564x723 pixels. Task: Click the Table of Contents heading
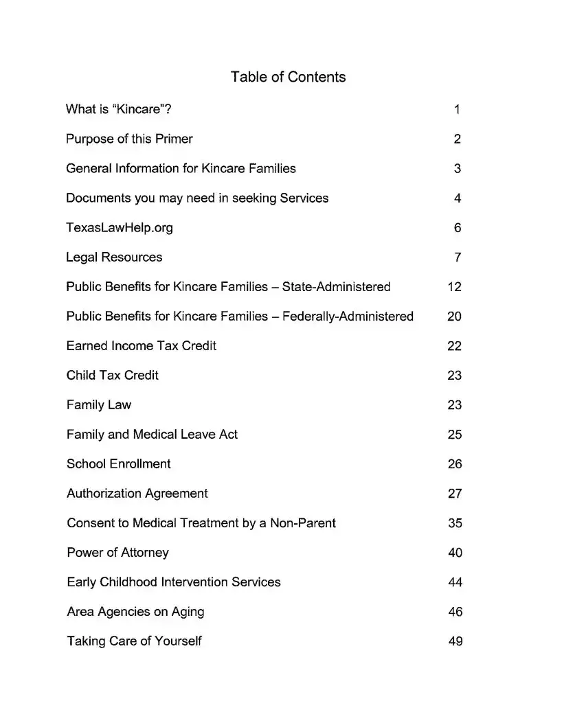click(288, 77)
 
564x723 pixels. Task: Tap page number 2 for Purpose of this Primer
click(458, 139)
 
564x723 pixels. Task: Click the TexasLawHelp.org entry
click(120, 228)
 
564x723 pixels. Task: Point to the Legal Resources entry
click(114, 257)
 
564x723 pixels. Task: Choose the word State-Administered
click(336, 287)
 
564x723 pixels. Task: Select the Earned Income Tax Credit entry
click(141, 346)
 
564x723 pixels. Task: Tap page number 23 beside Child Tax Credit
click(455, 376)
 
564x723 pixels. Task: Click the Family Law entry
click(99, 405)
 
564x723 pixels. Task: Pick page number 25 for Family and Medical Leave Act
click(455, 435)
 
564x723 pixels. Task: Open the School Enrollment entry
click(118, 464)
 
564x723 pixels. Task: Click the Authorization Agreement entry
click(137, 494)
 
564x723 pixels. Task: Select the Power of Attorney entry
click(117, 553)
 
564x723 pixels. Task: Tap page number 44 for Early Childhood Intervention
click(455, 582)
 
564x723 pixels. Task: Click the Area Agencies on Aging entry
click(135, 612)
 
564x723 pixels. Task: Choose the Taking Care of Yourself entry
click(134, 641)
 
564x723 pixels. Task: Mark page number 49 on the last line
click(455, 641)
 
